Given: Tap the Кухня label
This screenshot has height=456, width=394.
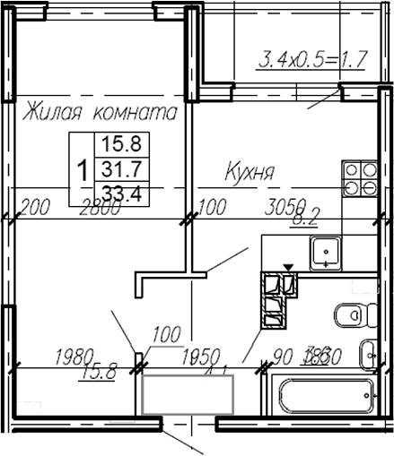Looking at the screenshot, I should pyautogui.click(x=250, y=171).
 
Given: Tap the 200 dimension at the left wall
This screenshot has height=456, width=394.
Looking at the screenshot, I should pyautogui.click(x=34, y=209).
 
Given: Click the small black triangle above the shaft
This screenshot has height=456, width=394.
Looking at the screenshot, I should pyautogui.click(x=287, y=267).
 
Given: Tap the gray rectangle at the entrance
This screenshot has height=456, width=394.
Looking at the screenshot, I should pyautogui.click(x=187, y=394).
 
